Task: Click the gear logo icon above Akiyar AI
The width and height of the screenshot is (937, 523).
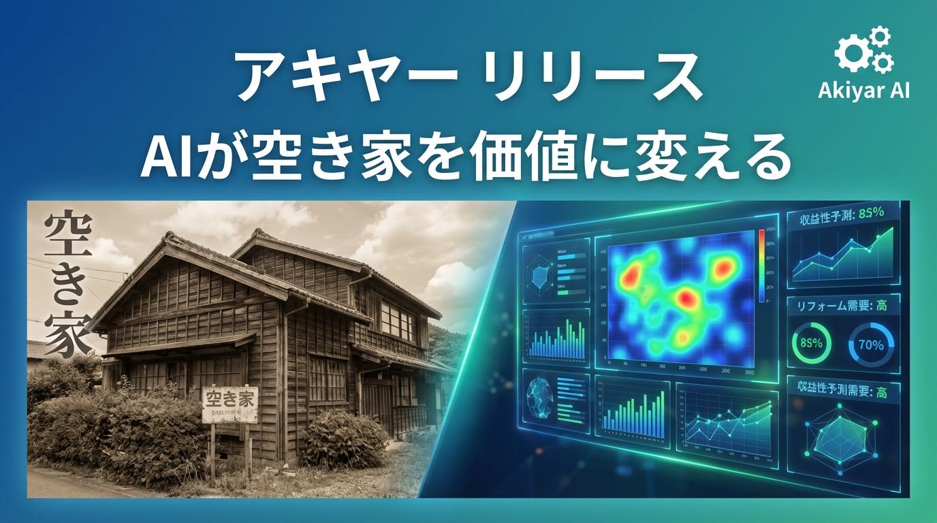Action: click(x=864, y=51)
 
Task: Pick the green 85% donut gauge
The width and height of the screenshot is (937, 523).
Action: click(x=811, y=343)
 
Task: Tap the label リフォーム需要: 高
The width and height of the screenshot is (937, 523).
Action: click(x=842, y=306)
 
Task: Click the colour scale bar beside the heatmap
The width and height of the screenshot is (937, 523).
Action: click(x=762, y=266)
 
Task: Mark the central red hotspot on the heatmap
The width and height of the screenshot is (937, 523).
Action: click(x=685, y=298)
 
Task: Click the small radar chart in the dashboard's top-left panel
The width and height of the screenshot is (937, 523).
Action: click(x=541, y=273)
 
